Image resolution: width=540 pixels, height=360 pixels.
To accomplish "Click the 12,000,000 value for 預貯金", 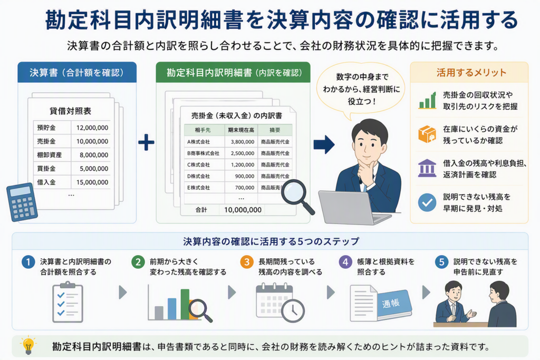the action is coord(92,128).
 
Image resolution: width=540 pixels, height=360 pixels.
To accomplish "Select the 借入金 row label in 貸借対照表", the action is coord(46,182).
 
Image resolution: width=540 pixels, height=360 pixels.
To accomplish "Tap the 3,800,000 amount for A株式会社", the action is coord(243,142).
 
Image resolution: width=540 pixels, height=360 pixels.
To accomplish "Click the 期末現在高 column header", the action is coord(241,130).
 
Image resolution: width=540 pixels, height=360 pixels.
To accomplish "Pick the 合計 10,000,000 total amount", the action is coord(243,210).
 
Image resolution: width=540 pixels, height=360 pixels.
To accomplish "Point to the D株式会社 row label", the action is coord(198,176).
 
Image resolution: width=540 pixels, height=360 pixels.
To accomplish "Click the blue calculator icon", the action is coord(22,202).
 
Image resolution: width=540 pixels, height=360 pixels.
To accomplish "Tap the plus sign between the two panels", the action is coord(147,142).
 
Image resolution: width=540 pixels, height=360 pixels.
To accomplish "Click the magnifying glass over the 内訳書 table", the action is coord(297,197).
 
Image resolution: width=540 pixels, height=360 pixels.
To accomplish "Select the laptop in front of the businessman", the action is coord(355,207).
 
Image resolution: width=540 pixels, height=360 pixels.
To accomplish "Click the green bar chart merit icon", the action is coord(427,100).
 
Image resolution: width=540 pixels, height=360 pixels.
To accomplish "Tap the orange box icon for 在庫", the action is coord(427,134).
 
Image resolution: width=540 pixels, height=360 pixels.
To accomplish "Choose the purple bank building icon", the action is coord(427,168).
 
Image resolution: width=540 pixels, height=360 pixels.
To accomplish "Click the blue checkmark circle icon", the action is coord(427,202).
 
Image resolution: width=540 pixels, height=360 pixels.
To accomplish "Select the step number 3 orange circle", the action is coord(247,262).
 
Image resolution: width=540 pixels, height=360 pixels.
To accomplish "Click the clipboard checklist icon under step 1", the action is coord(67,302).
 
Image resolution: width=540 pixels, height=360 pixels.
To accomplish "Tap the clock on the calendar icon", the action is coord(293,311).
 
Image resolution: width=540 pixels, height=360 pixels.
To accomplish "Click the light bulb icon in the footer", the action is coord(28,345).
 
